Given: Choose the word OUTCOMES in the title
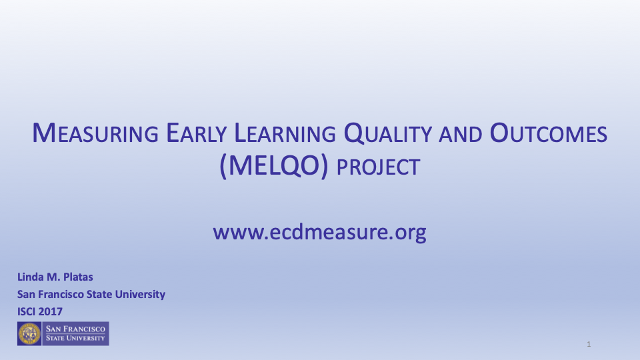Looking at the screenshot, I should (x=549, y=135).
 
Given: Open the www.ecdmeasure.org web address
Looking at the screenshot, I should (x=319, y=233).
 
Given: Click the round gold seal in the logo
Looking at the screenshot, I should (x=29, y=333).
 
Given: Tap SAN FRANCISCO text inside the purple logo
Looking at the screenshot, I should (x=75, y=329).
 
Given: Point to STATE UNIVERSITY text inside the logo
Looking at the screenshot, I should (x=75, y=338).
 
